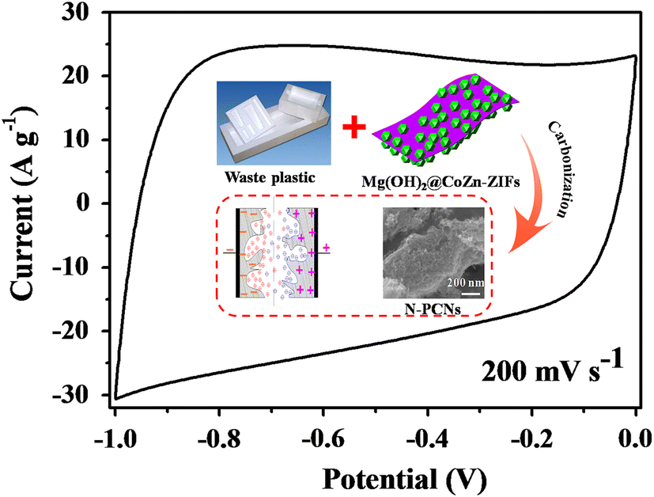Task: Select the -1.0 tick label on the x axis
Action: click(114, 438)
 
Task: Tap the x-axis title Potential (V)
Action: click(375, 477)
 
